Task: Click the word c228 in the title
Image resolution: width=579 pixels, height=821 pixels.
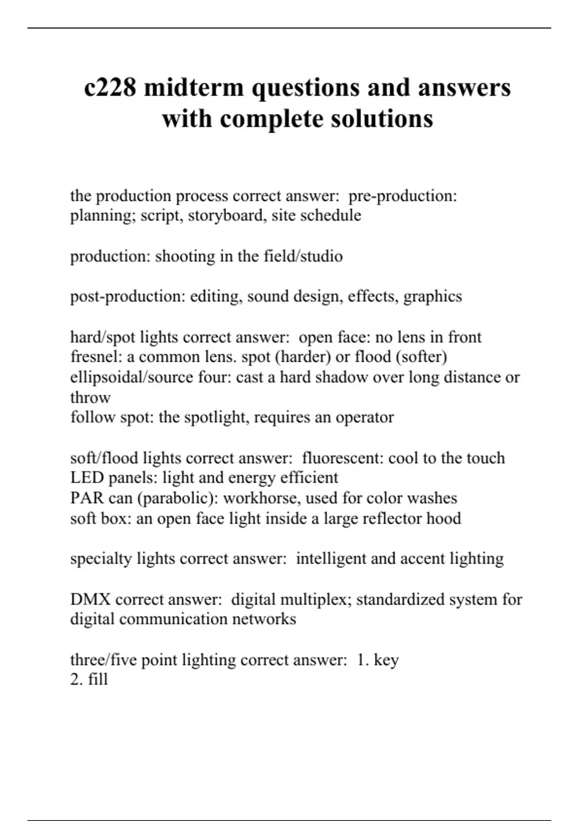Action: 110,88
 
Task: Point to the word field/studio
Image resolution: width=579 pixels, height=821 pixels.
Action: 303,256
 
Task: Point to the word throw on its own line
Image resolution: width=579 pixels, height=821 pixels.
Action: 90,397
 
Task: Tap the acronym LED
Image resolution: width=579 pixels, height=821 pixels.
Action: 87,478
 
